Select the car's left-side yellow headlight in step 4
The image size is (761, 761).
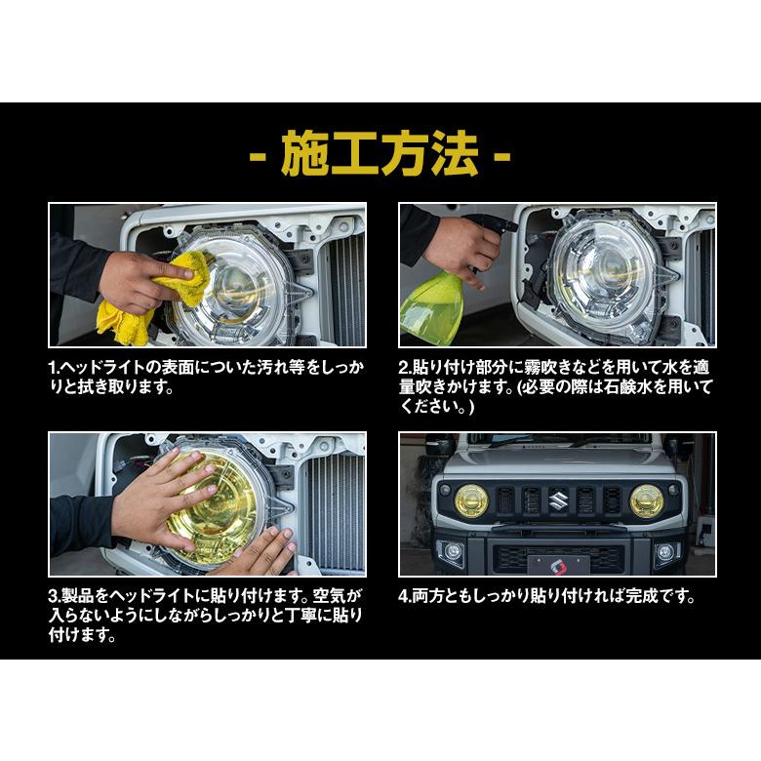(471, 501)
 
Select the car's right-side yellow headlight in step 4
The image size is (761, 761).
(646, 501)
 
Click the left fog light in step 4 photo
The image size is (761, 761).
(453, 551)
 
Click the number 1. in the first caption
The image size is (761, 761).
(56, 368)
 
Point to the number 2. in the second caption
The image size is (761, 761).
(405, 368)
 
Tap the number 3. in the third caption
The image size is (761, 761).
(56, 596)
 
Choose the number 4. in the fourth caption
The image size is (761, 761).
(405, 596)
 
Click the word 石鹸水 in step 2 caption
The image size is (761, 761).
(636, 387)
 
